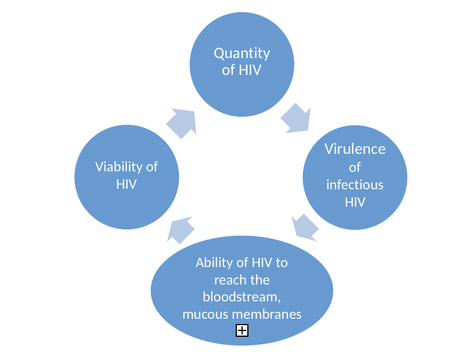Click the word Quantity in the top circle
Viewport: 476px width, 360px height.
[241, 53]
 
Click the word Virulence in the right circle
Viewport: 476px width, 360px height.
[355, 149]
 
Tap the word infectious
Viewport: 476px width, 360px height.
[355, 185]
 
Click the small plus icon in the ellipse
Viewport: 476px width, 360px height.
[242, 331]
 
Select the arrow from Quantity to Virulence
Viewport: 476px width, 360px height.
[295, 118]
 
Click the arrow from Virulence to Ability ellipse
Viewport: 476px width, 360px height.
[304, 227]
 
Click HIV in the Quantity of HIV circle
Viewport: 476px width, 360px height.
[250, 71]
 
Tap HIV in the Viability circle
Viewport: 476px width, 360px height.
[127, 185]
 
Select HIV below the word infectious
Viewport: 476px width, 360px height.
[355, 202]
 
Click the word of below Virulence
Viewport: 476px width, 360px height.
[355, 167]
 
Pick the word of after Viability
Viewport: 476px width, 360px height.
[152, 167]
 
